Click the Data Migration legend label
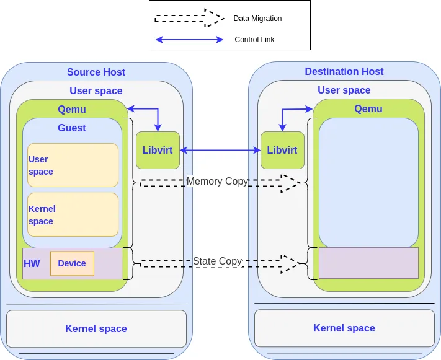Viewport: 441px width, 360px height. coord(257,19)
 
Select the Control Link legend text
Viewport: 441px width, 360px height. coord(254,40)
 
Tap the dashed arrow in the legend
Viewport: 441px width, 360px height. coord(189,19)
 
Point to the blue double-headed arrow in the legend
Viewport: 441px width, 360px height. coord(189,40)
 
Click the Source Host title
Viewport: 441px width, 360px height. coord(96,72)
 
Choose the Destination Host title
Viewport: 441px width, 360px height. coord(344,72)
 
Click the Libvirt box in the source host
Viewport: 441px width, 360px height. coord(158,150)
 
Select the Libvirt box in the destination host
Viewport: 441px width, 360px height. coord(282,150)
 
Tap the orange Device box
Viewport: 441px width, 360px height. coord(72,263)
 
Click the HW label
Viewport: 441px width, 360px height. coord(32,264)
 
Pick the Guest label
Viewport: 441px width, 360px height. coord(72,128)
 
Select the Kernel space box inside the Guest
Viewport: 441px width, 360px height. coord(73,215)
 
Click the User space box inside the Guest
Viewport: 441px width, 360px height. coord(73,165)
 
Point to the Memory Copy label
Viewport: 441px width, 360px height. coord(217,182)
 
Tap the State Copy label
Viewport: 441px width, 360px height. coord(217,261)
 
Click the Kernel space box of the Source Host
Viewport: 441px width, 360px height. coord(96,328)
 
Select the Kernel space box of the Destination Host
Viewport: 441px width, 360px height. coord(344,328)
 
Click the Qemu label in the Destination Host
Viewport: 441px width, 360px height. coord(368,109)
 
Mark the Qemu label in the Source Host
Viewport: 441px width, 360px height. coord(72,110)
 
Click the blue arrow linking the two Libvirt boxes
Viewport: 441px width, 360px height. coord(220,150)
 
